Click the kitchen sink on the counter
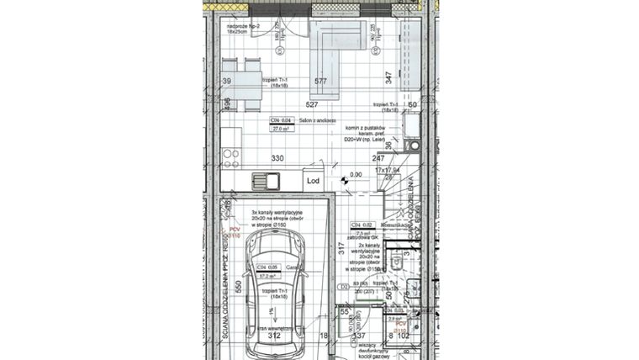click(268, 180)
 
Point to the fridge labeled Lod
click(312, 180)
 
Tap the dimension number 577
click(320, 82)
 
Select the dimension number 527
click(312, 104)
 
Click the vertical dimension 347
click(388, 78)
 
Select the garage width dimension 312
click(274, 336)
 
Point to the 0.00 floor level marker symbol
click(344, 177)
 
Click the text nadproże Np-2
click(245, 27)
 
